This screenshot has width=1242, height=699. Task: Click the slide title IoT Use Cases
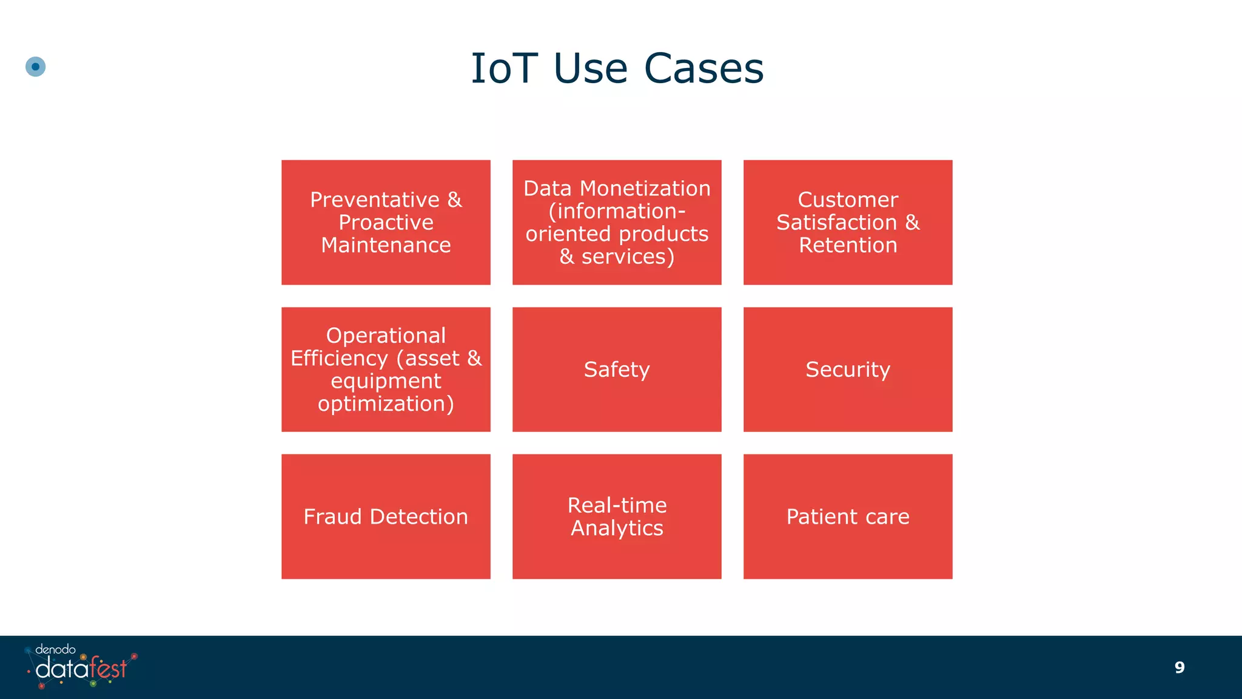617,68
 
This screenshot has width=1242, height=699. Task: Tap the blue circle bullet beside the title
36,67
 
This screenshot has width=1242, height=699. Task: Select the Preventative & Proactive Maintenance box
386,222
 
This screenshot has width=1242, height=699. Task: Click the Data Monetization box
617,222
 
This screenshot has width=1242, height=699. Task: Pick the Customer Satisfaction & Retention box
848,222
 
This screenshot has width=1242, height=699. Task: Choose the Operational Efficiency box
386,369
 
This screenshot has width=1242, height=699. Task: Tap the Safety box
617,369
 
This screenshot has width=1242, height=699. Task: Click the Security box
848,369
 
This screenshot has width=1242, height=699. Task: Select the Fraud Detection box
386,516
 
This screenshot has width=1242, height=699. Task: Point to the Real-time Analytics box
617,516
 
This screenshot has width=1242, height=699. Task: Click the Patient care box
848,516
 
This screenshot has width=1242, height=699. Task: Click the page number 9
1179,667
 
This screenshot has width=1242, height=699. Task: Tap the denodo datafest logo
81,667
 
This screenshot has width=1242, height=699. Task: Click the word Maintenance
386,245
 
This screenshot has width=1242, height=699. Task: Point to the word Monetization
645,189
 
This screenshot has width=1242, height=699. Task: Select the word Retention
848,245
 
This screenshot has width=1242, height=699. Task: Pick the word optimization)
386,404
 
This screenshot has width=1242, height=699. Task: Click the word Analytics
617,528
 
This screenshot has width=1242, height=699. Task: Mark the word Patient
822,517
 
